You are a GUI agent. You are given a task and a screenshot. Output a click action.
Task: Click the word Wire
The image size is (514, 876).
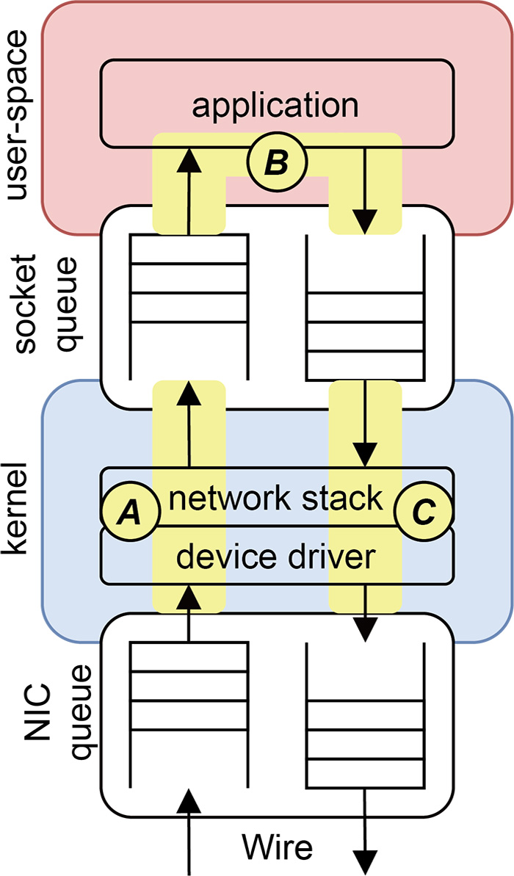coord(279,847)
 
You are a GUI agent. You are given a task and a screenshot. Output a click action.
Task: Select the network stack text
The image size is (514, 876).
coord(276,499)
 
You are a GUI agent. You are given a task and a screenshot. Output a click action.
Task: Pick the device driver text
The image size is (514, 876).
coord(276,558)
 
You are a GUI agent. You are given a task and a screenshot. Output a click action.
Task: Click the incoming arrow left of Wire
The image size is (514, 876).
coord(189,830)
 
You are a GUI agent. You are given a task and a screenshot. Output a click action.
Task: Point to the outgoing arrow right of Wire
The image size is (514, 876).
coord(365,830)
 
